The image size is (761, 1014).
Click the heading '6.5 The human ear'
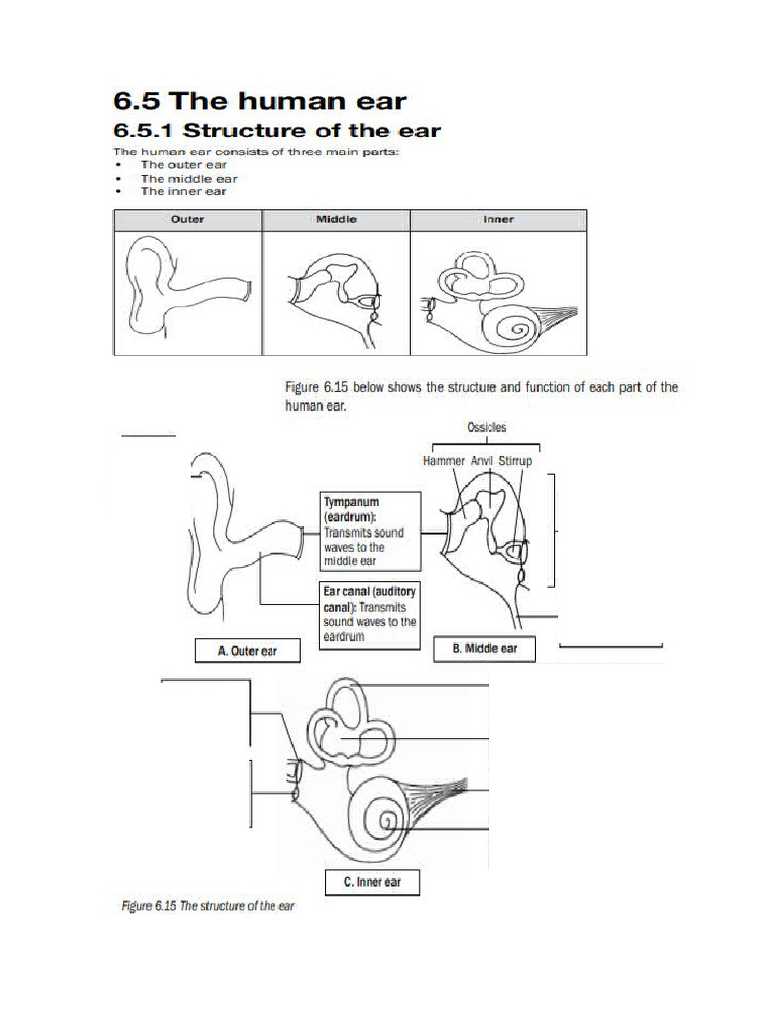[260, 100]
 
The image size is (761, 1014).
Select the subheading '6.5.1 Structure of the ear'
[277, 131]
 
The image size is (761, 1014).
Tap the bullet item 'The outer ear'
[183, 165]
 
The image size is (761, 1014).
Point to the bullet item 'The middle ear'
[188, 179]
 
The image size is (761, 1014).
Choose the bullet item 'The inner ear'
[183, 192]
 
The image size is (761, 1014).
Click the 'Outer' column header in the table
[187, 220]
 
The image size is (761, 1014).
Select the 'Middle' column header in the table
[336, 220]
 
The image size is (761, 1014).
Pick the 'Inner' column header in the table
[498, 220]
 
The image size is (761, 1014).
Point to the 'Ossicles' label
[487, 427]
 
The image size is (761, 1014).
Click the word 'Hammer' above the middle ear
[443, 461]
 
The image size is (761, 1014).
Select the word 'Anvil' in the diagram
[483, 461]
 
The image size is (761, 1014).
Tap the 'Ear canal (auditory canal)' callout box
[370, 614]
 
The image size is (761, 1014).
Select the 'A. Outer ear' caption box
[247, 652]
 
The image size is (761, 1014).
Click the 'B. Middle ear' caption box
[485, 649]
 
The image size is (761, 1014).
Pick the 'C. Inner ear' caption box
[372, 882]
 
